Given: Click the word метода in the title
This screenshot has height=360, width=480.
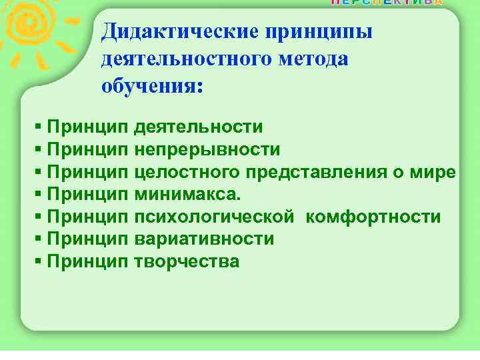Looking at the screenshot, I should click(318, 59).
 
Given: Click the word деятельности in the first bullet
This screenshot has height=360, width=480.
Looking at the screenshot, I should click(198, 127).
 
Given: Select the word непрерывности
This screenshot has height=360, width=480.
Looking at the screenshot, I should click(207, 149).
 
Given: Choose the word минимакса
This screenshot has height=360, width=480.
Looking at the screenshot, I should click(189, 195).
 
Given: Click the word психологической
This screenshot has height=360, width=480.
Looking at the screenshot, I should click(213, 217).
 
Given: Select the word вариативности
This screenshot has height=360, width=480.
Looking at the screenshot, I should click(204, 239).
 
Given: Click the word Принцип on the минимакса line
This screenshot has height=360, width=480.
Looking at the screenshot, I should click(88, 195).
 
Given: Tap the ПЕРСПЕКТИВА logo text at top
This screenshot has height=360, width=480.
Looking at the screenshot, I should click(386, 3).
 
